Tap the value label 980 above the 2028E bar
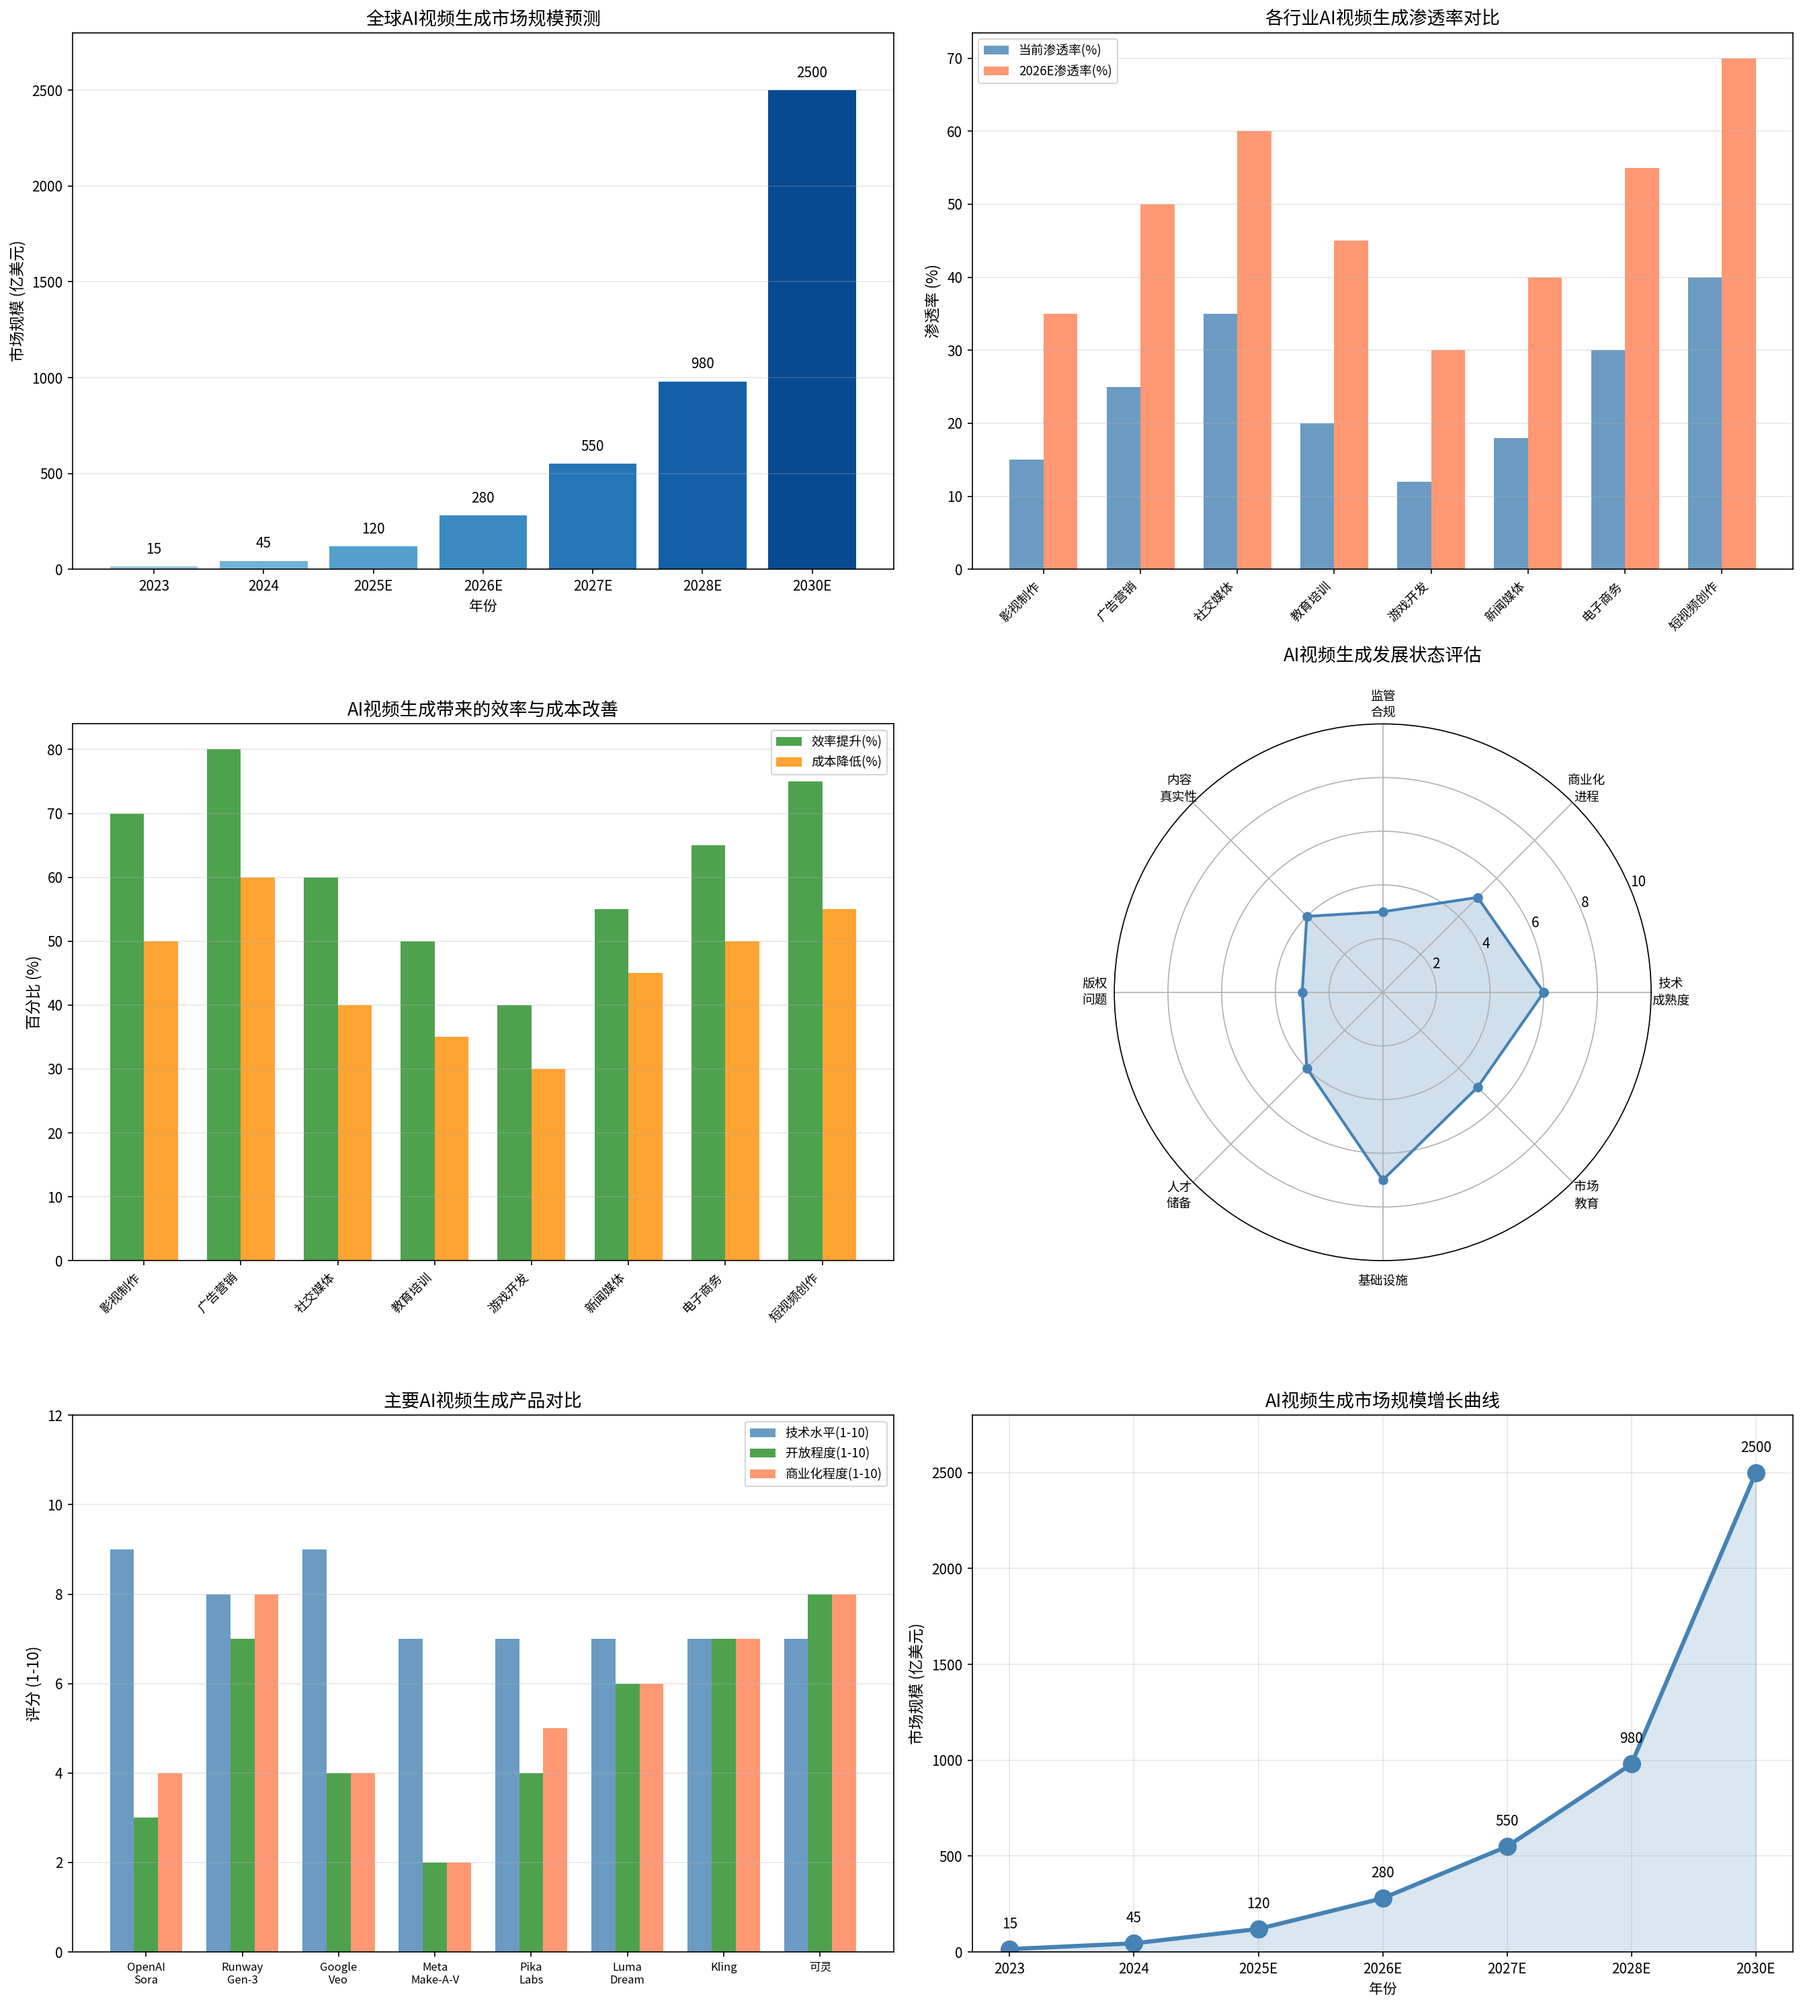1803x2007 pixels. click(x=702, y=364)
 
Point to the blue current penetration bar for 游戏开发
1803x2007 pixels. click(x=1414, y=525)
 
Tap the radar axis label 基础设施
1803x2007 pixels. click(x=1382, y=1280)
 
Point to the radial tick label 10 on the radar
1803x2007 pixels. click(x=1638, y=882)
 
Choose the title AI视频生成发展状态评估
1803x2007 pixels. click(x=1381, y=655)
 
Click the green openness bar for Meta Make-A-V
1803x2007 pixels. click(x=435, y=1907)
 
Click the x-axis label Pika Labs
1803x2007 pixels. click(x=531, y=1972)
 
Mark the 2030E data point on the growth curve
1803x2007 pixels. click(x=1755, y=1473)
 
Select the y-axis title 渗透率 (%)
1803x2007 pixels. click(x=931, y=301)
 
